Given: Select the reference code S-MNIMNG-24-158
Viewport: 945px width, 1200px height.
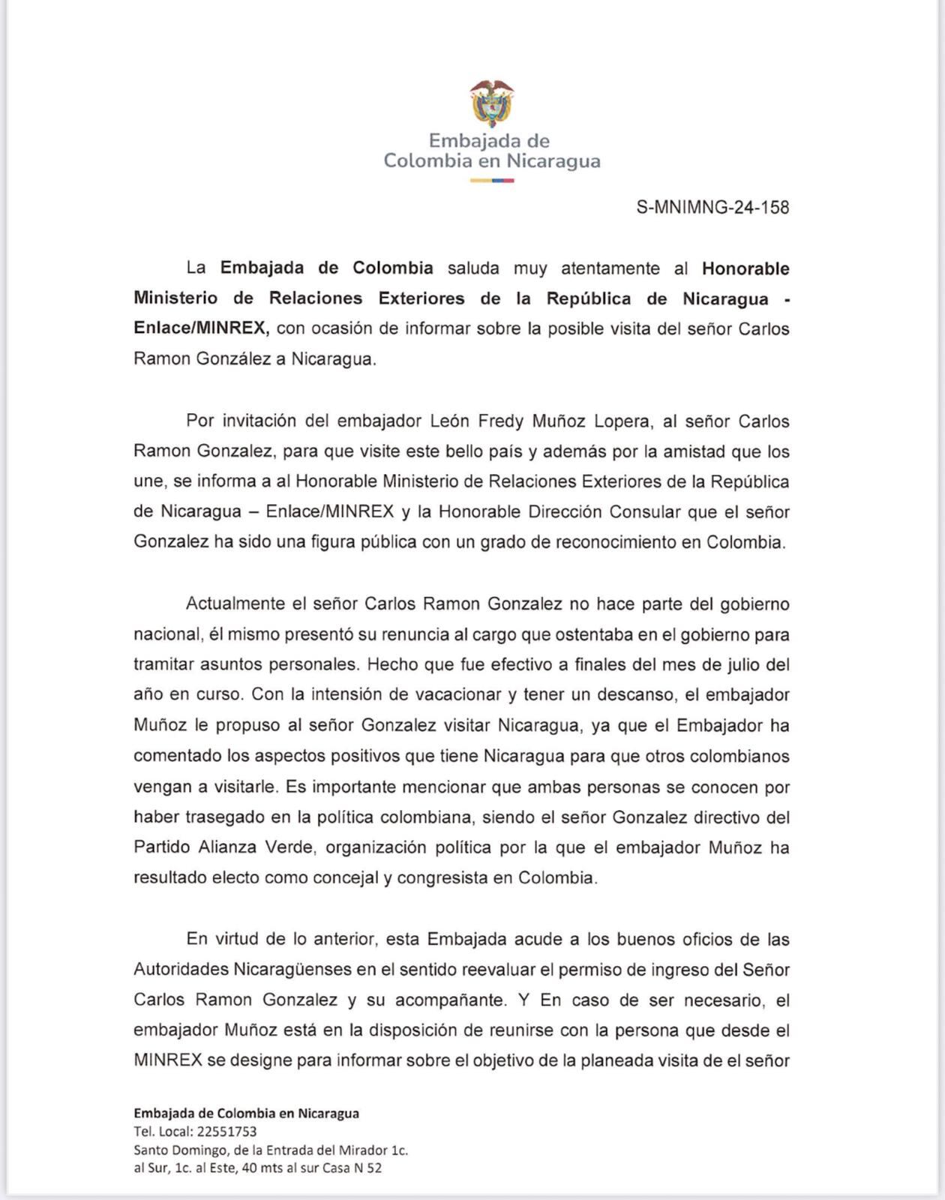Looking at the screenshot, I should [x=712, y=207].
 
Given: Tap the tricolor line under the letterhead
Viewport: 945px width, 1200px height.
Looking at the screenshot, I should [x=492, y=180].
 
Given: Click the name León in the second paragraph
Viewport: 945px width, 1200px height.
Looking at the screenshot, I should [x=448, y=421].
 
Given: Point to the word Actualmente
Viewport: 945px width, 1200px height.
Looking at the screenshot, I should [x=235, y=604].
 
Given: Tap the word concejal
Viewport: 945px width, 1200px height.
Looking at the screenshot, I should [x=351, y=877].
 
